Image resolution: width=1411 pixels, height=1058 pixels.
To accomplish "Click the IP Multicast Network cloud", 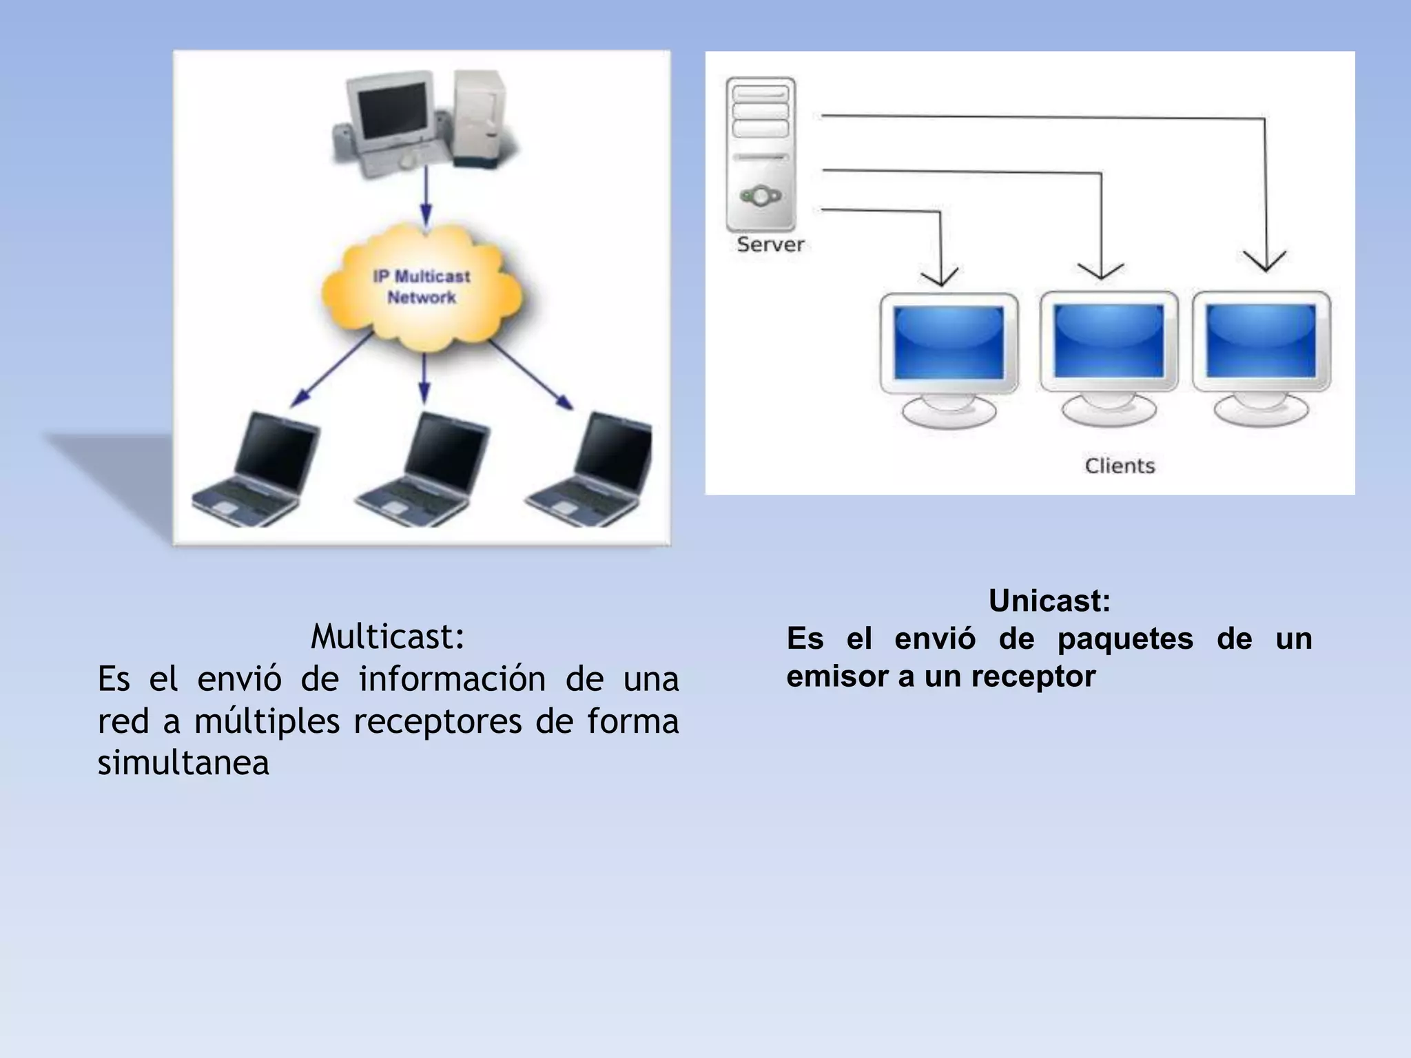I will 422,288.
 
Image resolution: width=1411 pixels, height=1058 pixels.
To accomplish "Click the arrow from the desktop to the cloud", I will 426,196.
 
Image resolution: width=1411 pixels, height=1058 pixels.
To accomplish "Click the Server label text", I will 770,245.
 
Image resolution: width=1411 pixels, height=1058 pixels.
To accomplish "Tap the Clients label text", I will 1120,466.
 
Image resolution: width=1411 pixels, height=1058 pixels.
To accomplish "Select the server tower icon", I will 761,155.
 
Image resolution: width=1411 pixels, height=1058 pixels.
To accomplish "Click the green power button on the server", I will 761,196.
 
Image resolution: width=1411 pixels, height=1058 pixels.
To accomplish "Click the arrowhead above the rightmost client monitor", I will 1265,262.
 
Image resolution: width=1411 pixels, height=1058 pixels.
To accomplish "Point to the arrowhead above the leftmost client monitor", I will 940,277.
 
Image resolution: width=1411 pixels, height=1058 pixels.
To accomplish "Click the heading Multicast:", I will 388,636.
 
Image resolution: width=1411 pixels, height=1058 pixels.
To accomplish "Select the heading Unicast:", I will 1049,601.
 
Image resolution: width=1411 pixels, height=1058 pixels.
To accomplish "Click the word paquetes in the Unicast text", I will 1125,639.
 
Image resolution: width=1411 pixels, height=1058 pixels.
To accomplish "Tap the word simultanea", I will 183,763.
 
